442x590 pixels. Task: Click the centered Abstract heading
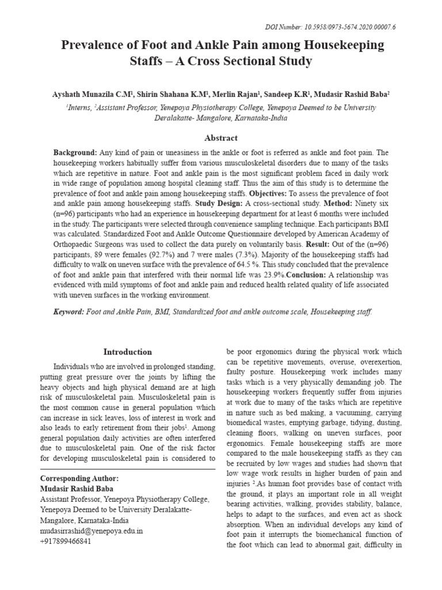point(221,138)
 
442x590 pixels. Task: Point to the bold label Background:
point(75,153)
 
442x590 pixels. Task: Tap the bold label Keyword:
point(68,312)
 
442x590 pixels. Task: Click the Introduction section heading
point(127,352)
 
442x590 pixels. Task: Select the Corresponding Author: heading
point(79,479)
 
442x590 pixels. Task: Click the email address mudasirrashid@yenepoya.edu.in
point(92,531)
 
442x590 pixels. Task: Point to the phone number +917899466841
point(66,542)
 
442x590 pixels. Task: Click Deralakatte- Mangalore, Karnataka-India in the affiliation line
point(221,118)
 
